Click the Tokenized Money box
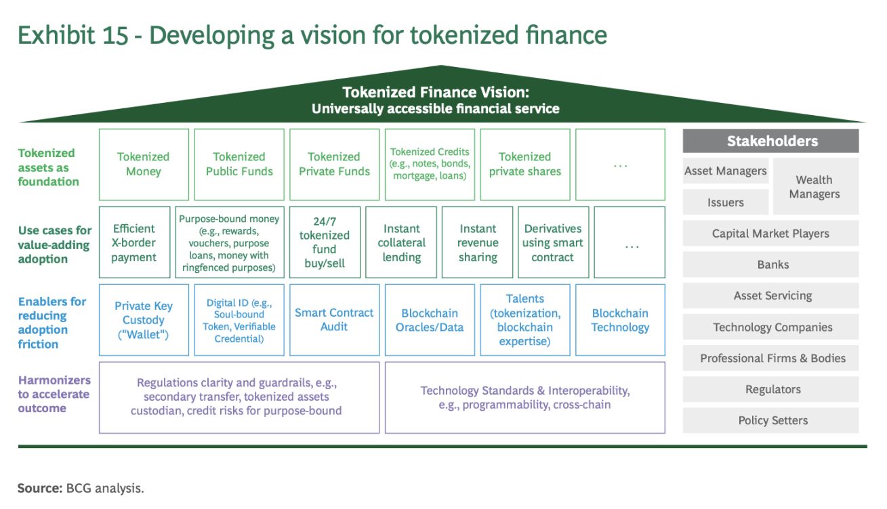click(x=144, y=164)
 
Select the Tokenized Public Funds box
click(x=239, y=164)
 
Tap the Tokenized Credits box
click(x=430, y=164)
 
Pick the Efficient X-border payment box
click(x=134, y=242)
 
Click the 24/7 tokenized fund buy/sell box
click(x=325, y=242)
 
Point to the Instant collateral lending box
click(x=401, y=242)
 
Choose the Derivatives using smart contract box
click(x=553, y=242)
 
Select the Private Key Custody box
click(x=144, y=320)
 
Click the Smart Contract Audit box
click(x=334, y=320)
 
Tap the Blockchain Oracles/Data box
click(x=430, y=320)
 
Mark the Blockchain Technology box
click(x=620, y=320)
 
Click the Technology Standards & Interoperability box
click(x=524, y=398)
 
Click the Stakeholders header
click(x=772, y=141)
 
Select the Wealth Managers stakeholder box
click(x=814, y=187)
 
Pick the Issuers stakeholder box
click(x=725, y=202)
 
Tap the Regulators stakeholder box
click(x=772, y=389)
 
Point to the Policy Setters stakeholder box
click(x=772, y=420)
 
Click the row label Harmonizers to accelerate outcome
click(x=54, y=394)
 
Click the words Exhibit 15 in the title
click(x=73, y=35)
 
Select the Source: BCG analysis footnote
click(x=81, y=488)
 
